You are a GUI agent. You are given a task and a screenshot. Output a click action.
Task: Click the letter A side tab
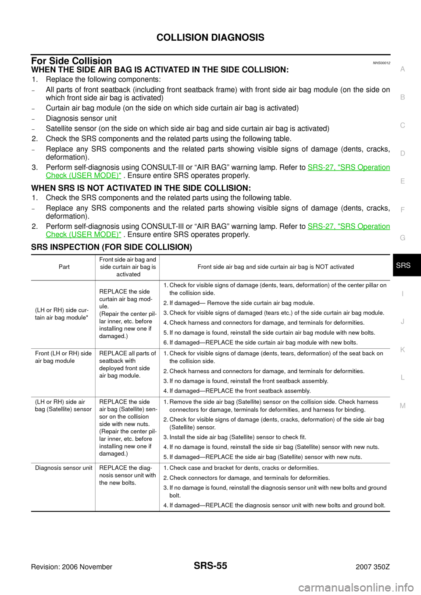click(x=403, y=69)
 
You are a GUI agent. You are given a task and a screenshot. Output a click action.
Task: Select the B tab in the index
click(x=403, y=97)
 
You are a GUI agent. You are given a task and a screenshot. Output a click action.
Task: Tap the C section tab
click(x=403, y=125)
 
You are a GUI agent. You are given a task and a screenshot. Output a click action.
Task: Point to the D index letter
click(x=403, y=153)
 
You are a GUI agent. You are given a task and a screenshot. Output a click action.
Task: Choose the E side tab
click(x=403, y=181)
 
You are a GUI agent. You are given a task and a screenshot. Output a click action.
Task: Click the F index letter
click(x=403, y=209)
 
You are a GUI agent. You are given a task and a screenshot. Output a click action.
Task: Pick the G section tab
click(x=403, y=237)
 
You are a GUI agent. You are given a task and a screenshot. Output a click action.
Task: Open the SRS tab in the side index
click(x=403, y=266)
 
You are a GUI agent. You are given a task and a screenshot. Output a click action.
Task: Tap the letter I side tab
click(x=403, y=294)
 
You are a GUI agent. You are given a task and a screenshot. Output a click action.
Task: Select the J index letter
click(x=403, y=322)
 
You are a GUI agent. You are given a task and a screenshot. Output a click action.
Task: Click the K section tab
click(x=403, y=350)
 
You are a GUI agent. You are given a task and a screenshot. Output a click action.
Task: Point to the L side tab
click(x=403, y=378)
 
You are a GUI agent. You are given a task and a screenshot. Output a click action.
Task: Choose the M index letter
click(x=403, y=406)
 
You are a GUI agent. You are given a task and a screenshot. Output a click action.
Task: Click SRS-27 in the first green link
click(x=321, y=167)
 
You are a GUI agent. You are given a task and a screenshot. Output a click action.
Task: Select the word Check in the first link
click(x=56, y=176)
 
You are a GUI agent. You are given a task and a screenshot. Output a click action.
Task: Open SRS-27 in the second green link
click(x=321, y=227)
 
